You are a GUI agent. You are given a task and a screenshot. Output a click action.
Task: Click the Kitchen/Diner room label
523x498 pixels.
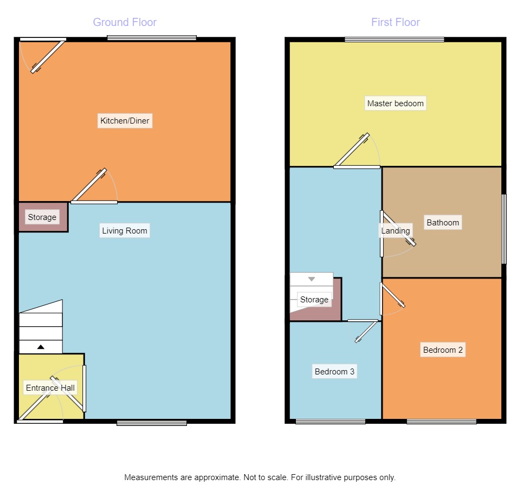tap(125, 120)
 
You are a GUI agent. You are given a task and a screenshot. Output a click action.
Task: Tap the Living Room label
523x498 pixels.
tap(125, 231)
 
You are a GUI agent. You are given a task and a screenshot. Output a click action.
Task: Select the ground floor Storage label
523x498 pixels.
tap(42, 217)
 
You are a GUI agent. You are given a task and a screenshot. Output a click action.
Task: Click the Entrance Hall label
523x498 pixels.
tap(50, 388)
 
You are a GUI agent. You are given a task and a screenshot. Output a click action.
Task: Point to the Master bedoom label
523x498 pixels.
tap(395, 104)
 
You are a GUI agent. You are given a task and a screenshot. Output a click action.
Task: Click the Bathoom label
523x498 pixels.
tap(442, 223)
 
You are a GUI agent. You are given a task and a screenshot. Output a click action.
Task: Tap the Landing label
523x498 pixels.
tap(395, 231)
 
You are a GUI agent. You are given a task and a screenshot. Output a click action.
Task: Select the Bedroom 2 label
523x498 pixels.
tap(443, 350)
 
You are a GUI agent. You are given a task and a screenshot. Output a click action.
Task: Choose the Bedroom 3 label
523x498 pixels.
tap(334, 372)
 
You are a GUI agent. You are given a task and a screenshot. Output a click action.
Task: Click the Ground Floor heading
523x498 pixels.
tap(125, 22)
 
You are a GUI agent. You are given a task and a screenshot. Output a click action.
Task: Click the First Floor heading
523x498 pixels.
tap(395, 22)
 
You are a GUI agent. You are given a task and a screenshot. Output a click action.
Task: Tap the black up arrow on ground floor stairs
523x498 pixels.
tap(41, 346)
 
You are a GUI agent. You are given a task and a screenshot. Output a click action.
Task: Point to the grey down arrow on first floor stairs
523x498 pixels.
tap(312, 279)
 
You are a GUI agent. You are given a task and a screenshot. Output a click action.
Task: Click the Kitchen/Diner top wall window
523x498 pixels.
tap(152, 38)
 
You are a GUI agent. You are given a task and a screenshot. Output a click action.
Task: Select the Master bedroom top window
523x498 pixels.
tap(394, 39)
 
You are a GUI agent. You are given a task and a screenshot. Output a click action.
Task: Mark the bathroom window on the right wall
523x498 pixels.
tap(503, 229)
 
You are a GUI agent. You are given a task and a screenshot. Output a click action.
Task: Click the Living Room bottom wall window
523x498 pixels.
tap(152, 423)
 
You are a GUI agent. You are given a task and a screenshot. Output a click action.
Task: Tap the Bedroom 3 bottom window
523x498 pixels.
tap(331, 422)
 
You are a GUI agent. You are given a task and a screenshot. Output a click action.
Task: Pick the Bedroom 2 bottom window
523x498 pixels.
tap(442, 422)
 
